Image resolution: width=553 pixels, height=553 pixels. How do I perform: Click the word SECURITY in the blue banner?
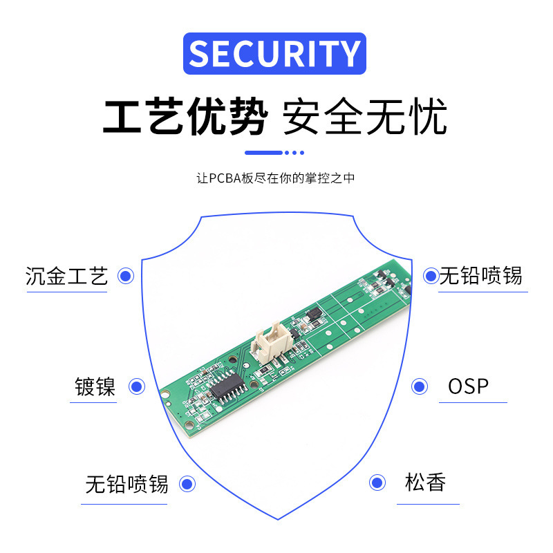tap(274, 54)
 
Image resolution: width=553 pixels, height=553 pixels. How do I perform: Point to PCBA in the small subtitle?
tap(225, 178)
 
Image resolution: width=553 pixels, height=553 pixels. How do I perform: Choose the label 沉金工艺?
tap(67, 276)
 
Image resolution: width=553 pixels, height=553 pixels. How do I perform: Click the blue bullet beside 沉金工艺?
tap(125, 276)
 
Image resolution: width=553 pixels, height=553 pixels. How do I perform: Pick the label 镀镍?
tap(95, 386)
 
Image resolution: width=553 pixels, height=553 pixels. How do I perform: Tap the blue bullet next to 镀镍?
tap(137, 387)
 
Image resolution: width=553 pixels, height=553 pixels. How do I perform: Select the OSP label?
tap(468, 386)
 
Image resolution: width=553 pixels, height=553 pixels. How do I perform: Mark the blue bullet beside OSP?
tap(419, 386)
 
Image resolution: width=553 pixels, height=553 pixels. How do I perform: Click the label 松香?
tap(425, 482)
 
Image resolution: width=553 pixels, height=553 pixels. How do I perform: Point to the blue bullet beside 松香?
tap(377, 482)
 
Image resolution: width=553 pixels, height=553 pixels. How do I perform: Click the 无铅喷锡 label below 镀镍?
tap(126, 484)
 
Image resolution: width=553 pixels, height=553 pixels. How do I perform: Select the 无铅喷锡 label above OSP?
tap(481, 276)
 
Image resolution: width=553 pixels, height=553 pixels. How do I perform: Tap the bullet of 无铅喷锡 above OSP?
tap(431, 276)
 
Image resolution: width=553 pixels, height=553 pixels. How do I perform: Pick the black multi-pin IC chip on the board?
tap(227, 384)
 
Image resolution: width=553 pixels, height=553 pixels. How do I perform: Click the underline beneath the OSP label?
tap(473, 402)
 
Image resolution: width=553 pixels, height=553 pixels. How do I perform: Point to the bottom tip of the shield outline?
tap(278, 518)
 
